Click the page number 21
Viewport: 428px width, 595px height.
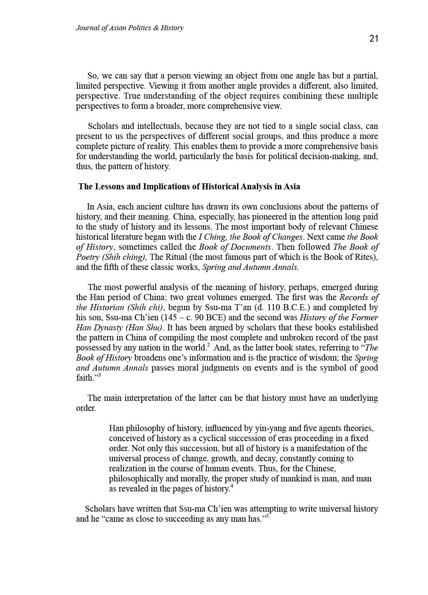point(374,39)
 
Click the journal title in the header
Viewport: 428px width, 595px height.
point(129,28)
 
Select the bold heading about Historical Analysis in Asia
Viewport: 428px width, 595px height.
point(189,187)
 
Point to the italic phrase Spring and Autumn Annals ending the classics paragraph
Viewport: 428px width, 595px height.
point(250,267)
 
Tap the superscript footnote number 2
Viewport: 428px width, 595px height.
point(208,345)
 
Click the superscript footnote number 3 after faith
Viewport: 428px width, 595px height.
point(99,375)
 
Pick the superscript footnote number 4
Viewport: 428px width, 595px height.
point(232,486)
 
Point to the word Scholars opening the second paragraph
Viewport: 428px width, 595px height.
point(104,126)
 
